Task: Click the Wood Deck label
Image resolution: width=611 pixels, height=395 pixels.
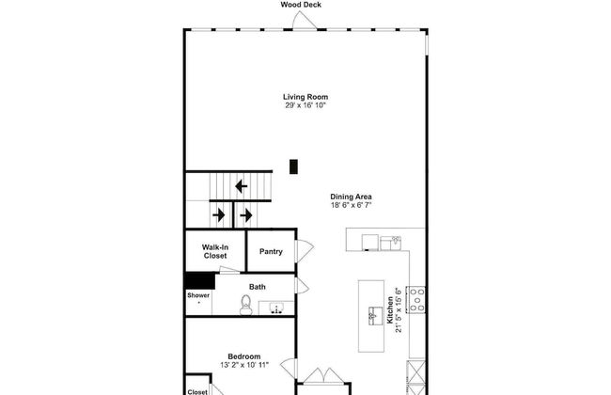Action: pos(301,5)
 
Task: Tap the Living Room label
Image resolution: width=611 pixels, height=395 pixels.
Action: pos(305,97)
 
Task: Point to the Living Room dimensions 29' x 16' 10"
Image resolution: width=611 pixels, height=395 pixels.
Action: pos(305,105)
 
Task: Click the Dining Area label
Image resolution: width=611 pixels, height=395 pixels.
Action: pos(351,197)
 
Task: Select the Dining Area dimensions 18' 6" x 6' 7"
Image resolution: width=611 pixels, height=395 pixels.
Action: pos(351,205)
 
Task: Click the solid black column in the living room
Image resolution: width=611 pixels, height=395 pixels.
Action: pos(293,166)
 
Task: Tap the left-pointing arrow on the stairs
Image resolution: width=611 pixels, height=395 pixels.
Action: pos(242,186)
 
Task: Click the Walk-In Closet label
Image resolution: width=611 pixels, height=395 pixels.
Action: pos(215,251)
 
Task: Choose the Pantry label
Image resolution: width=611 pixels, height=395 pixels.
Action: pos(271,251)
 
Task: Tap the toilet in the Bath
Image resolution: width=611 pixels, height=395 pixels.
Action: pos(246,305)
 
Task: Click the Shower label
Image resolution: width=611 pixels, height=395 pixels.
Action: pos(198,295)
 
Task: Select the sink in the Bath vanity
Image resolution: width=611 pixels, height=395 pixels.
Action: pos(276,308)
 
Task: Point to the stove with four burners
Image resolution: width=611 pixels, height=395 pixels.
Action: pos(416,299)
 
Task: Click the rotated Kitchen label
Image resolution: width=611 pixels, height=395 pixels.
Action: pos(390,310)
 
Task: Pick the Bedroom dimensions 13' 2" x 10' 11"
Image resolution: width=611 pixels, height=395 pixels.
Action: pos(244,365)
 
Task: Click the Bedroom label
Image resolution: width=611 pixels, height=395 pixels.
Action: pos(244,356)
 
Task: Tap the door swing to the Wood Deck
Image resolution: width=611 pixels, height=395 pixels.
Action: pos(304,21)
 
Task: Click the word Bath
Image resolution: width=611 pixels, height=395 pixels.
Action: pos(258,287)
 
